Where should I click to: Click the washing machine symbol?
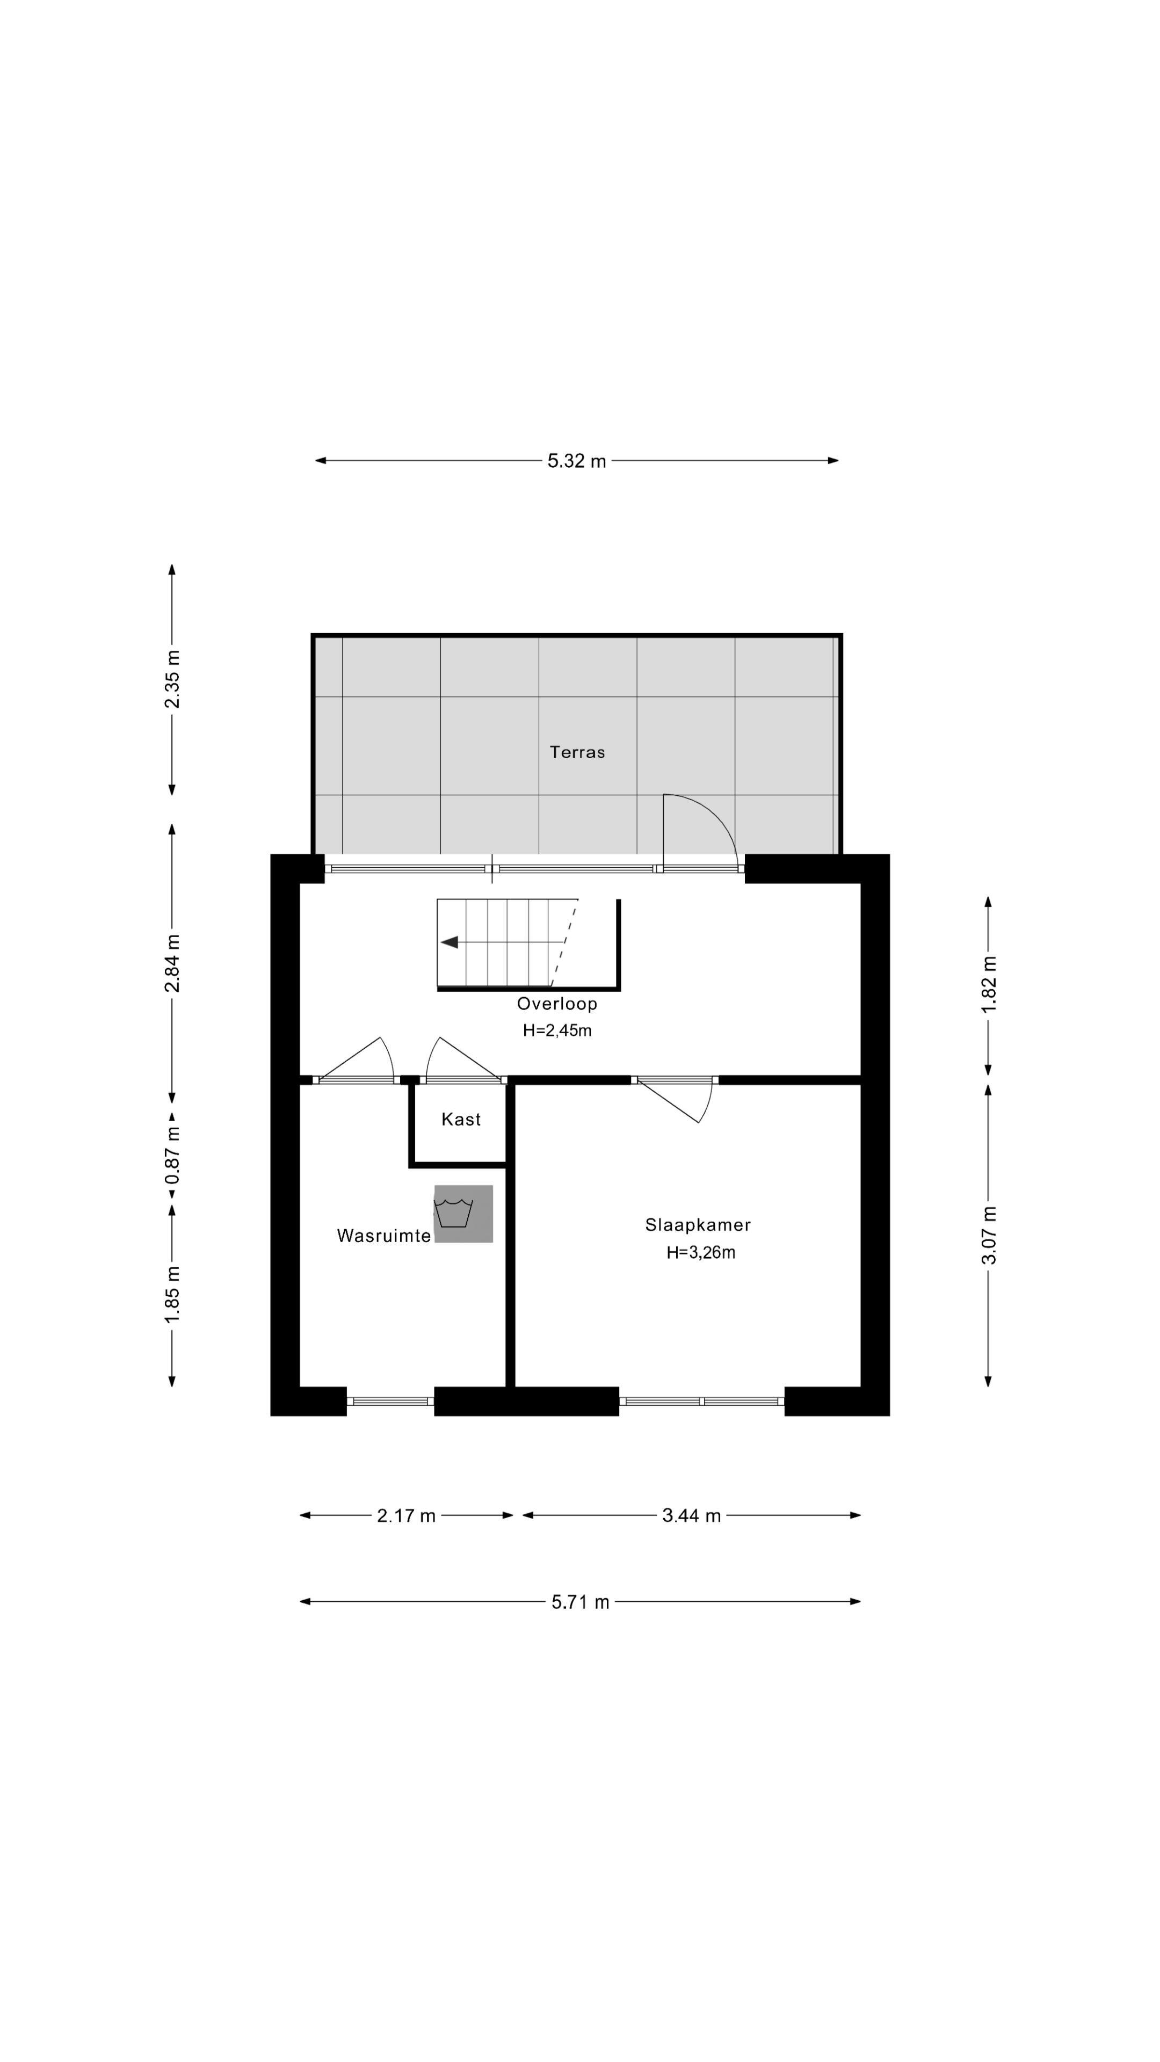[x=463, y=1214]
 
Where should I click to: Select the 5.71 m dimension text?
[x=581, y=1602]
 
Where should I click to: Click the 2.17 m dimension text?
[x=406, y=1515]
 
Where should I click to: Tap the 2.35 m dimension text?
[x=172, y=679]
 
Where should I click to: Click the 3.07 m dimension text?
[x=989, y=1235]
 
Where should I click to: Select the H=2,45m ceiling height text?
[x=557, y=1030]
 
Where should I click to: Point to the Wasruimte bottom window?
[x=390, y=1401]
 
